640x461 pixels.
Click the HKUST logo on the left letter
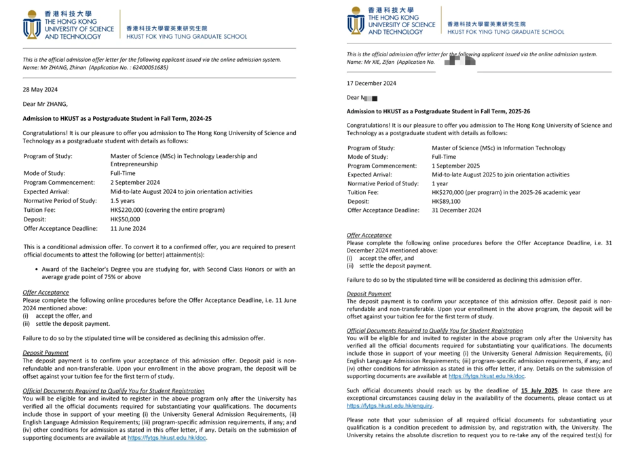pos(32,25)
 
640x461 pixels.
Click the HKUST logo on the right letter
pos(356,21)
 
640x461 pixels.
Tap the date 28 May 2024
pos(40,89)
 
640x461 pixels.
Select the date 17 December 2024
pos(371,84)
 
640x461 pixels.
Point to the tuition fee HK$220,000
pos(131,210)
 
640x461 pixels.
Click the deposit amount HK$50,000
pos(125,219)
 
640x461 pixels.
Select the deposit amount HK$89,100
pos(446,202)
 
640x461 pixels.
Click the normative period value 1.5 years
pos(124,200)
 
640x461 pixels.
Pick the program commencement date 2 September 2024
pos(135,183)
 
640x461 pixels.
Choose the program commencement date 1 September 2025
pos(455,166)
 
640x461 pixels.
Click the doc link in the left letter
pos(167,438)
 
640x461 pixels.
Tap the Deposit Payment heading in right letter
pos(369,294)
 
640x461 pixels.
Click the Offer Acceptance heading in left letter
pos(45,293)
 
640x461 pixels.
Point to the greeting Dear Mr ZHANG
pos(45,104)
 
